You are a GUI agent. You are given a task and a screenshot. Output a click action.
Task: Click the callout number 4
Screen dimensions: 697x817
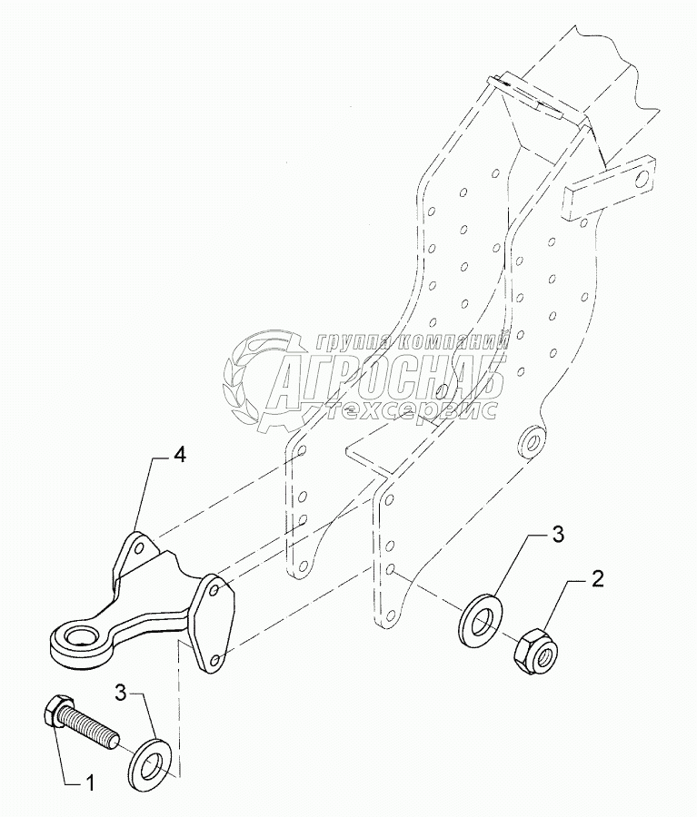[x=180, y=456]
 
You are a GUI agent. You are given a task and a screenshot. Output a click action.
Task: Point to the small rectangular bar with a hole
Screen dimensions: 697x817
[x=608, y=188]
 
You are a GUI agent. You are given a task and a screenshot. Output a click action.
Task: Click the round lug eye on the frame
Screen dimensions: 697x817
[x=530, y=442]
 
